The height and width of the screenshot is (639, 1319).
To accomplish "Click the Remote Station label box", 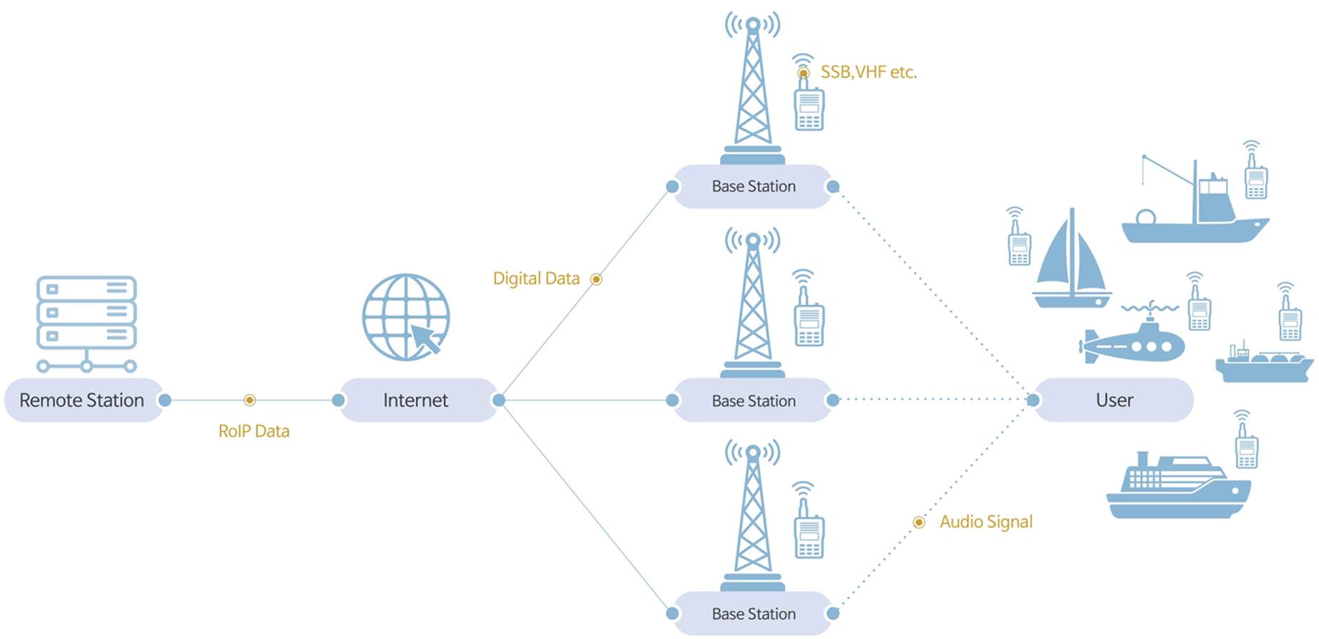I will pyautogui.click(x=82, y=401).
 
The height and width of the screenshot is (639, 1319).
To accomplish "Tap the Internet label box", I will pyautogui.click(x=416, y=401).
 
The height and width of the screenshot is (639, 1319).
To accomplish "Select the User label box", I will pyautogui.click(x=1114, y=401).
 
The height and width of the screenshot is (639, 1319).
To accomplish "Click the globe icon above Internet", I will pyautogui.click(x=406, y=318).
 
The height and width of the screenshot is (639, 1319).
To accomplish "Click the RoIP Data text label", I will pyautogui.click(x=254, y=431).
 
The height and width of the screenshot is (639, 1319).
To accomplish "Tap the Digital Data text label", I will pyautogui.click(x=536, y=278).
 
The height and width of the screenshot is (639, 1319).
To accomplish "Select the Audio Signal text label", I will pyautogui.click(x=986, y=522).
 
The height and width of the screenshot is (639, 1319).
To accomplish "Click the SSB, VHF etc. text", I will pyautogui.click(x=869, y=72).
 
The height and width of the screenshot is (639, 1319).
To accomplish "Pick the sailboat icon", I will pyautogui.click(x=1071, y=264).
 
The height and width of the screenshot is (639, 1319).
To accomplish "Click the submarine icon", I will pyautogui.click(x=1133, y=343).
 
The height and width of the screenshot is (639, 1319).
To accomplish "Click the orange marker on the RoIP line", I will pyautogui.click(x=250, y=401).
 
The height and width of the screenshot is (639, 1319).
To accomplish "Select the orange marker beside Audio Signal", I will pyautogui.click(x=919, y=523).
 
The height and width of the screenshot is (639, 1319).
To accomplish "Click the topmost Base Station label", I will pyautogui.click(x=753, y=187).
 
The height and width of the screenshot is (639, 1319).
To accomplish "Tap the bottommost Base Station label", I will pyautogui.click(x=753, y=614).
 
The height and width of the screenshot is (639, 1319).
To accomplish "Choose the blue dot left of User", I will pyautogui.click(x=1033, y=401).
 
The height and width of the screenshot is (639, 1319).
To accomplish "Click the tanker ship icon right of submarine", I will pyautogui.click(x=1263, y=364).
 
